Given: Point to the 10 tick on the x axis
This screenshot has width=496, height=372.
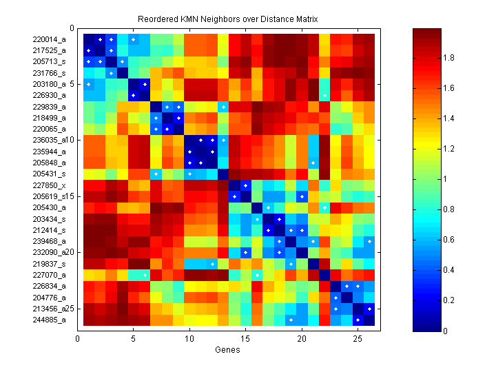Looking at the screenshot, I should (x=189, y=339).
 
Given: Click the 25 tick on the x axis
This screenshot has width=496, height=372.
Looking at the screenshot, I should (x=358, y=339).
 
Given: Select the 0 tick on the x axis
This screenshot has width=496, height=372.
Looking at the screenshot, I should (x=78, y=339).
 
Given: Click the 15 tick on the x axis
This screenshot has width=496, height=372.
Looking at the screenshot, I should (x=246, y=339).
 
